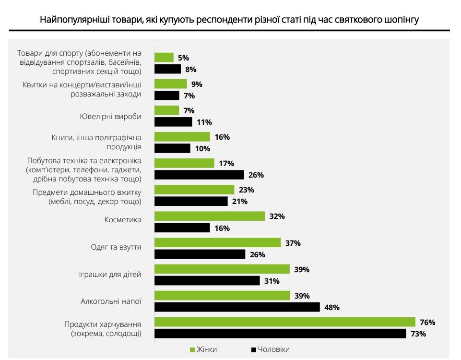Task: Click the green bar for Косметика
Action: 209,216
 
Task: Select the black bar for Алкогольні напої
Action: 237,307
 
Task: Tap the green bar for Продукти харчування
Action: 284,322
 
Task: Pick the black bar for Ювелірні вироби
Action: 173,122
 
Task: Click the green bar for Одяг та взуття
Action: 217,243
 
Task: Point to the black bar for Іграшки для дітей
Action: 207,281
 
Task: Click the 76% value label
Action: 427,322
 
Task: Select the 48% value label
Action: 332,307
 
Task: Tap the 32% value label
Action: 277,216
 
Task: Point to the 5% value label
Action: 183,58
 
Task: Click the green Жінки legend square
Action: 193,349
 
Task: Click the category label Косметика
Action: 123,220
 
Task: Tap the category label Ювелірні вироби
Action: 110,116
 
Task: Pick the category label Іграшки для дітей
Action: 110,275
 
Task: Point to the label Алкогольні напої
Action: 111,301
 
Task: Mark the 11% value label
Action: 204,122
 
